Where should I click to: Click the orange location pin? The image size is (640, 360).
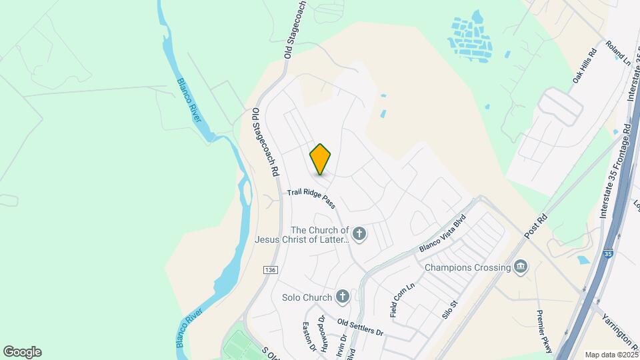point(321,159)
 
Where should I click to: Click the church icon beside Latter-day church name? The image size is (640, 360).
point(360,233)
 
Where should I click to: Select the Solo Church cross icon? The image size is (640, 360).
point(343,297)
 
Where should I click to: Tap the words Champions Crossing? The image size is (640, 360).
point(468,268)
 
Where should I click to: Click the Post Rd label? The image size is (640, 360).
point(535,225)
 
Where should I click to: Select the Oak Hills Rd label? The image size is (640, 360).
point(583,65)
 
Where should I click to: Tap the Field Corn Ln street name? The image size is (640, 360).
point(403,299)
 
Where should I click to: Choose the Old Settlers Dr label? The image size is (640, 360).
point(361,327)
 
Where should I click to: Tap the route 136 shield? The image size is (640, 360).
point(269,269)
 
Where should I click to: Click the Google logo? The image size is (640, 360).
point(22,352)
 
